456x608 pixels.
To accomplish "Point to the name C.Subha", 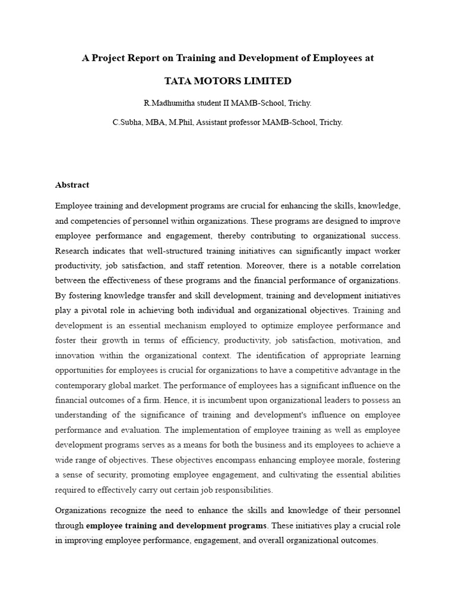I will (128, 122).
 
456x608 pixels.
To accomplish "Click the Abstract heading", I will (72, 185).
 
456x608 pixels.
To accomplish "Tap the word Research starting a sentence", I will (72, 251).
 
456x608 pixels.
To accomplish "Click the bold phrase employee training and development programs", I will (176, 525).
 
